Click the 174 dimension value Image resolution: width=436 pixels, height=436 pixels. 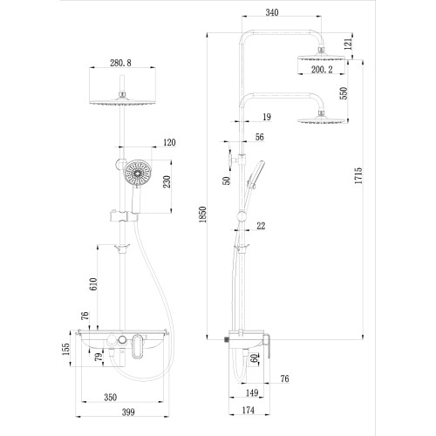point(249,409)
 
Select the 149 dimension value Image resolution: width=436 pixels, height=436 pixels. point(251,392)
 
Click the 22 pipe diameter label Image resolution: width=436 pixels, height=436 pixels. point(261,226)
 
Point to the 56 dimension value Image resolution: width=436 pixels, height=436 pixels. point(259,136)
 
